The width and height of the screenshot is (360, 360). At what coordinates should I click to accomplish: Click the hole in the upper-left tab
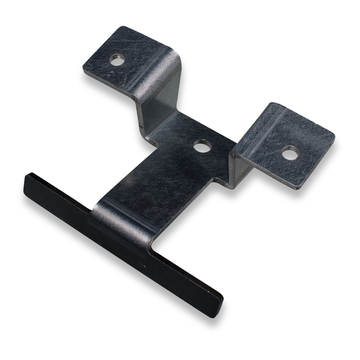pyautogui.click(x=118, y=61)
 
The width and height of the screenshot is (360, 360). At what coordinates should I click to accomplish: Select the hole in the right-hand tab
pyautogui.click(x=290, y=152)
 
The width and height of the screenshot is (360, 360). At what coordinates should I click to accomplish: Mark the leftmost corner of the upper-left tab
pyautogui.click(x=83, y=69)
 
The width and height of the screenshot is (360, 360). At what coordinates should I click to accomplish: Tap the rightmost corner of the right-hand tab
pyautogui.click(x=334, y=137)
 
